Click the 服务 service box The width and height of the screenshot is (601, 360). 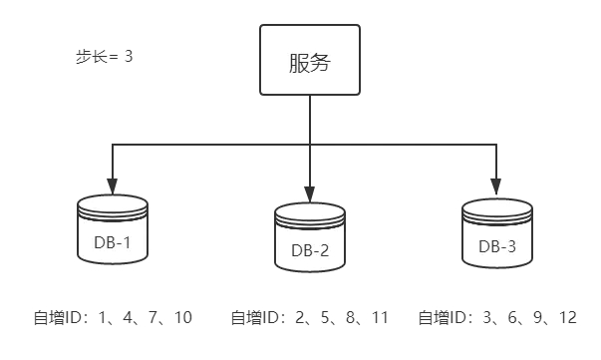[x=310, y=60]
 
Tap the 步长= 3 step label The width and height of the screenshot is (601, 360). [x=105, y=57]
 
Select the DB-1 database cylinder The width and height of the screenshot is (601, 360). [x=113, y=229]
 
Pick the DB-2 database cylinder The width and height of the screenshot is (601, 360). [x=310, y=237]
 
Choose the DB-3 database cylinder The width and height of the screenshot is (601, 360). [x=497, y=233]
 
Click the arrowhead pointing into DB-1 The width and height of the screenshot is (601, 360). [x=113, y=186]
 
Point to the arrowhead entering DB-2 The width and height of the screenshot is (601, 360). [x=310, y=194]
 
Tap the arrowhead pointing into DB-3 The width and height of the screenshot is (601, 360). [x=496, y=186]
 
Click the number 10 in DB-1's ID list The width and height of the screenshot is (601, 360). [x=183, y=317]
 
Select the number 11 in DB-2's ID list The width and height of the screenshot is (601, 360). [x=380, y=317]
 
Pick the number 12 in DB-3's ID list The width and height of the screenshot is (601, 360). [x=568, y=317]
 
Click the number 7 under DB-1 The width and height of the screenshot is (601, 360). [x=152, y=317]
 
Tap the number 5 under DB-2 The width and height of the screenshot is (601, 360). [x=325, y=317]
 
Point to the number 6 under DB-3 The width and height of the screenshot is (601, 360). [x=512, y=317]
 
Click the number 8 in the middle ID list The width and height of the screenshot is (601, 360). [x=350, y=317]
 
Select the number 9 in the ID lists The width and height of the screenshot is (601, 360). [x=538, y=317]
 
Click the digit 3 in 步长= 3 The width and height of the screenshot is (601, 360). [x=129, y=57]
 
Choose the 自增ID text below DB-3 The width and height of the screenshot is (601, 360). [x=443, y=318]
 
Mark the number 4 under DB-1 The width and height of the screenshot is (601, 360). [x=128, y=317]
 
